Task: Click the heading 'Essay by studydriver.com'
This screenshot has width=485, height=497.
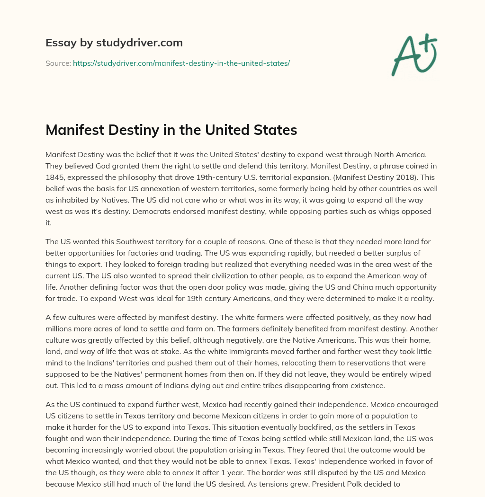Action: point(114,43)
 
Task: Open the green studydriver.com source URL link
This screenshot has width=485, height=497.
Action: point(181,63)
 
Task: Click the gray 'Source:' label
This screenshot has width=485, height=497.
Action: point(58,63)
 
